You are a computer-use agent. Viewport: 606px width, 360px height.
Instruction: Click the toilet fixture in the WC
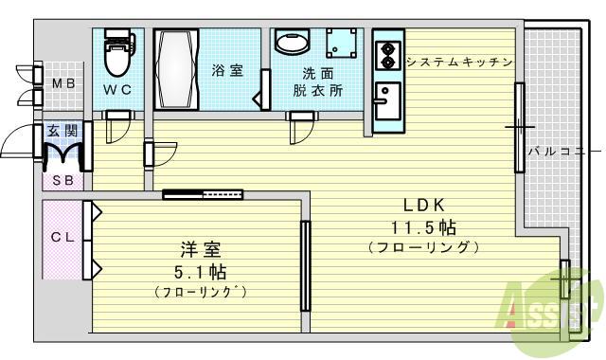click(x=117, y=55)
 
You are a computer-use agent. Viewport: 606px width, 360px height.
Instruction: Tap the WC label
click(x=117, y=91)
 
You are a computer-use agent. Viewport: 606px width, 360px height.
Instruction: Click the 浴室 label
click(x=227, y=70)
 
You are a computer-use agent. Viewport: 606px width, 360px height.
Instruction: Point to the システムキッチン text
click(x=459, y=62)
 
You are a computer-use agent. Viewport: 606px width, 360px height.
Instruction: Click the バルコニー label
click(x=563, y=151)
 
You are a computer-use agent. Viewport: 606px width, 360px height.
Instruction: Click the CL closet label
click(x=62, y=238)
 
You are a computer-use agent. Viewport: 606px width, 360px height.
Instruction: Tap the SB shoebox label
click(x=62, y=179)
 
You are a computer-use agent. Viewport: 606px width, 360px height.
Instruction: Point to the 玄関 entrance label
click(x=62, y=130)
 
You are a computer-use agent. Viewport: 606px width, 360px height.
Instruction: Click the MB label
click(x=62, y=84)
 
